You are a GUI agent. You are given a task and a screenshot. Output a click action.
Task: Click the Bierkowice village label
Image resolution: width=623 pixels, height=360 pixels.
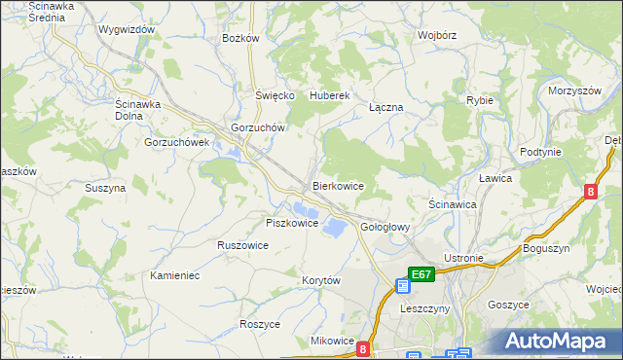coord(338,185)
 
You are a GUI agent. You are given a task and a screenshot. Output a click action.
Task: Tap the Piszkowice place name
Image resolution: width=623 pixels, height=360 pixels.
coord(292,223)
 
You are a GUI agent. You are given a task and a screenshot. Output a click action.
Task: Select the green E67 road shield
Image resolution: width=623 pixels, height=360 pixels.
coord(421,275)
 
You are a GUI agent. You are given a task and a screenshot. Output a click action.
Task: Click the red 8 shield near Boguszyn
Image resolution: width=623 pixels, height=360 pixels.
coord(591,193)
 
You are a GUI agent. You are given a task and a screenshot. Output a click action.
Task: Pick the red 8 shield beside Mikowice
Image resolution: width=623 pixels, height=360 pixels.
coord(363,347)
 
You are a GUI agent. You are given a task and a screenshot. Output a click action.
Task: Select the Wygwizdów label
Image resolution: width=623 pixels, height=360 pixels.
coord(128,29)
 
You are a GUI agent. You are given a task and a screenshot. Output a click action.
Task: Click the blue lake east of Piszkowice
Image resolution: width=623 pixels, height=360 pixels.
coord(333,227)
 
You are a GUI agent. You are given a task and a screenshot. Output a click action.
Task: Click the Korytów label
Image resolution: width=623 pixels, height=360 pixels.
coord(320,280)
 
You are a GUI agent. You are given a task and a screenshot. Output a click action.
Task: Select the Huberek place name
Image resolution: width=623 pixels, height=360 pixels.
coord(329,95)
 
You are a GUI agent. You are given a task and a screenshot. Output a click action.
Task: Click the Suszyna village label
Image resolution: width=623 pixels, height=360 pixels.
coord(105,188)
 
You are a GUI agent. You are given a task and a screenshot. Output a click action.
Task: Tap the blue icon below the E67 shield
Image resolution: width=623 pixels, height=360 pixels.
coord(403,286)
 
